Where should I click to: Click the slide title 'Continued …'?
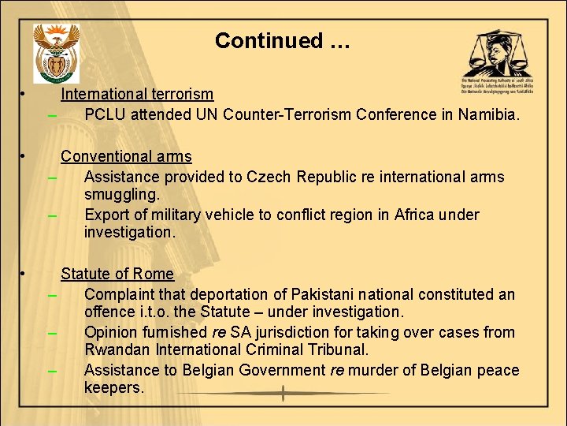click(x=282, y=40)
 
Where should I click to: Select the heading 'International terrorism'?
click(x=137, y=94)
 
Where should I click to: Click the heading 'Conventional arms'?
click(x=126, y=156)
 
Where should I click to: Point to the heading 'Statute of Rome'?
click(x=117, y=274)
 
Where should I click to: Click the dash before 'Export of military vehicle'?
click(x=53, y=215)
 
